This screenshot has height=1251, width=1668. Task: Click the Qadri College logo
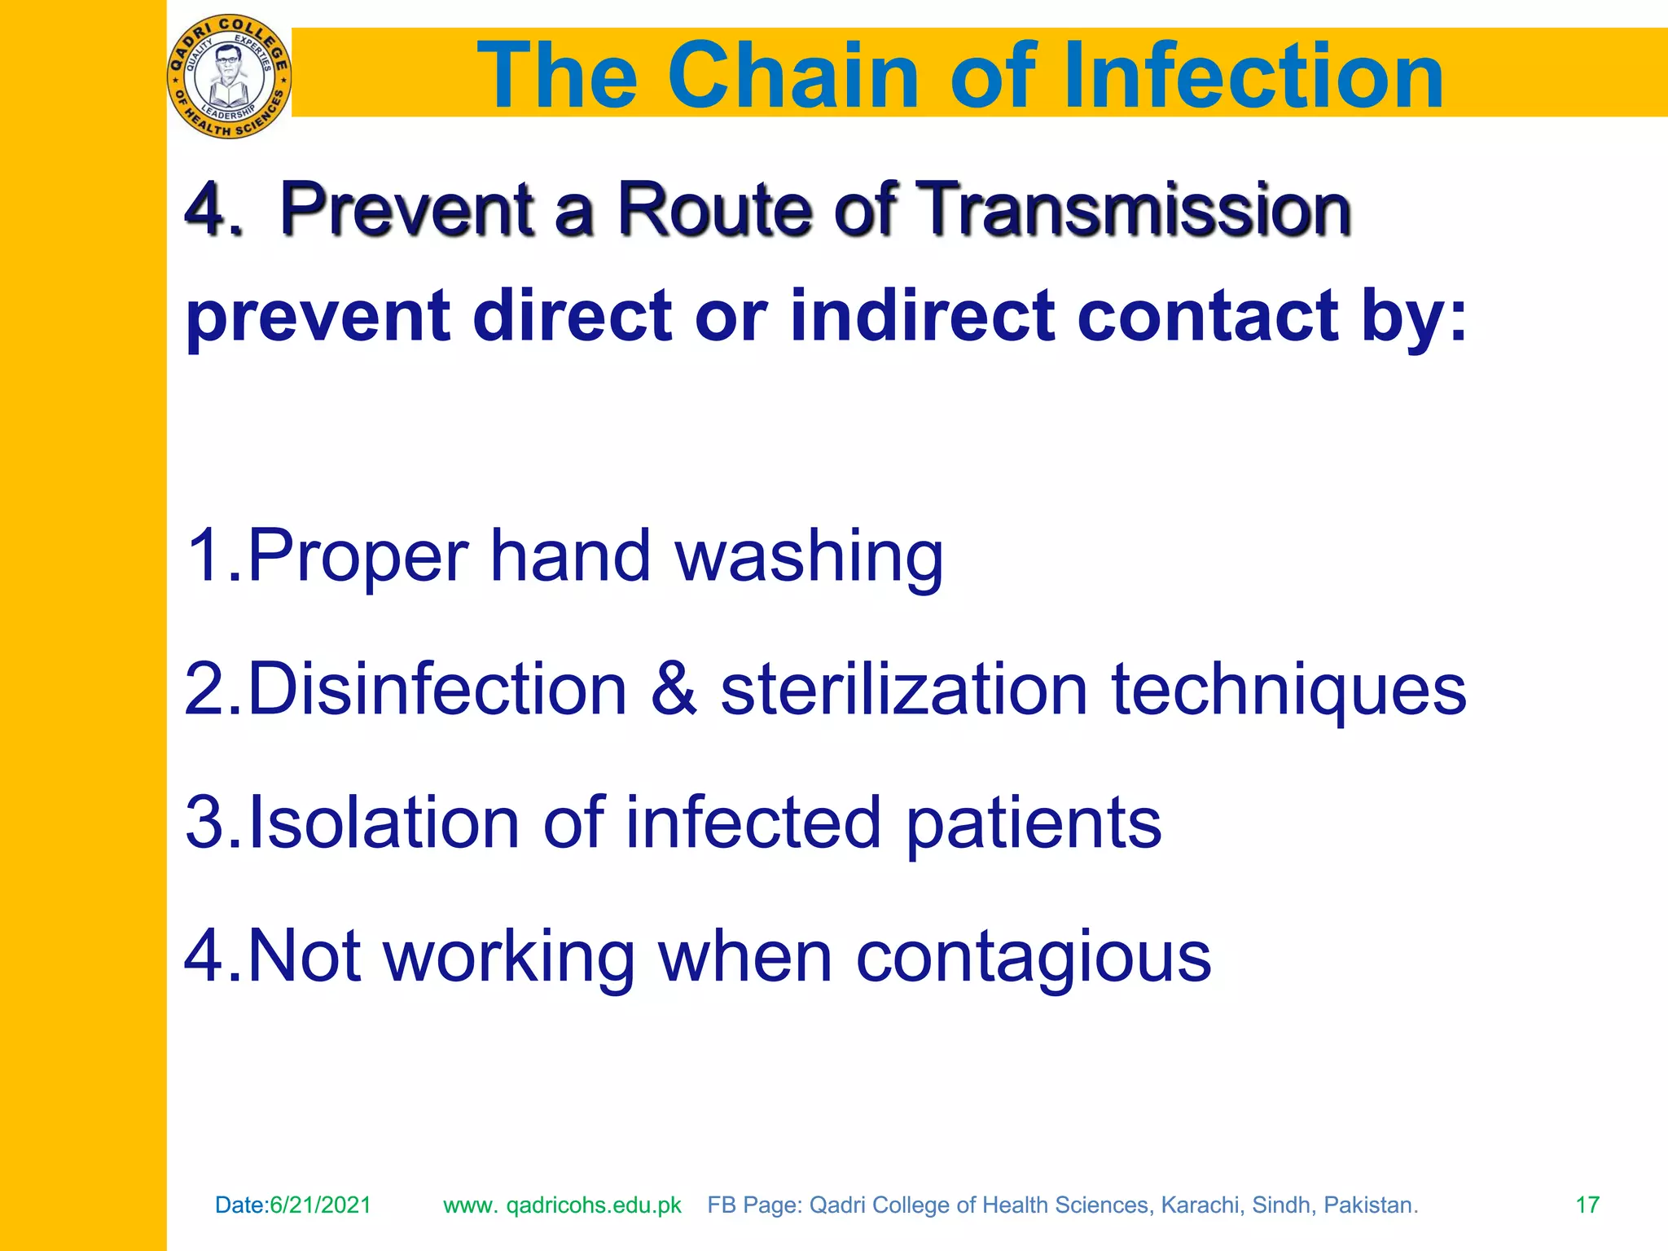click(x=229, y=77)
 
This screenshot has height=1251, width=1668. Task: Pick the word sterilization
click(x=904, y=690)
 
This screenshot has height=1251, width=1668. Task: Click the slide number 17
click(x=1587, y=1205)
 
